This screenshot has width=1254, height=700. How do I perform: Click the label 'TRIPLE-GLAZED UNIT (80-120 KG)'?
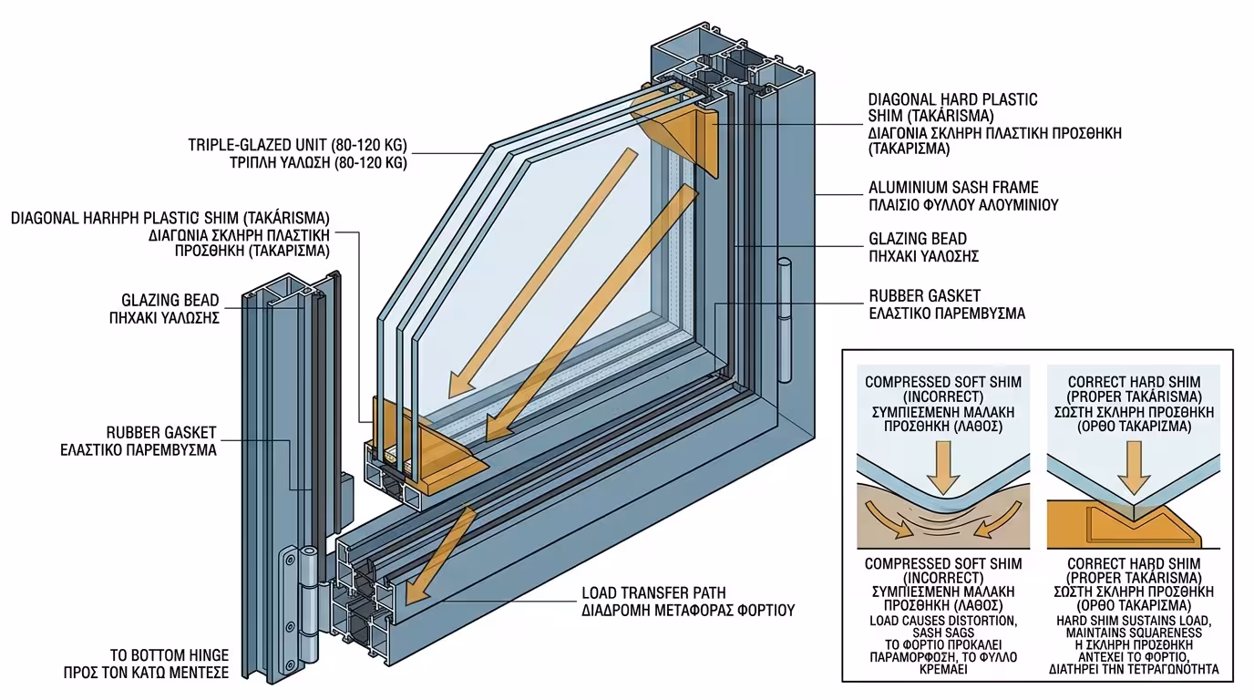297,145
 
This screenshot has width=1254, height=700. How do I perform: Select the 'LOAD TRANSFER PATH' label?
653,592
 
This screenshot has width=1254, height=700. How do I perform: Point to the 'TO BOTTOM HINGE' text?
170,654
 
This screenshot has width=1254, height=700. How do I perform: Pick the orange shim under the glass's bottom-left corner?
426,448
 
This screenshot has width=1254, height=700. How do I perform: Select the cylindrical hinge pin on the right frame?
785,320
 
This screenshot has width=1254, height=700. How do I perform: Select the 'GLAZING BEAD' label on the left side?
170,300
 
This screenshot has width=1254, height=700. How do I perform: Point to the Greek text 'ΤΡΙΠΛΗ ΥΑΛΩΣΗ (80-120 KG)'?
318,163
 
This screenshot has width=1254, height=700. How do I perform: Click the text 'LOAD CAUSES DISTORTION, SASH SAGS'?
943,627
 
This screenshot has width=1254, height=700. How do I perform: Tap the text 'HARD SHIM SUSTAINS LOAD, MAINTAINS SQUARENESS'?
1134,627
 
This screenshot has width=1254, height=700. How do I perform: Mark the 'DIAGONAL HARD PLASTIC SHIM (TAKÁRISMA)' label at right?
953,108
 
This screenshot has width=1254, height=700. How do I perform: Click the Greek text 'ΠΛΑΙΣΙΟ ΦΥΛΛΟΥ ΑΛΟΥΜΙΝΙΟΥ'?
963,205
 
